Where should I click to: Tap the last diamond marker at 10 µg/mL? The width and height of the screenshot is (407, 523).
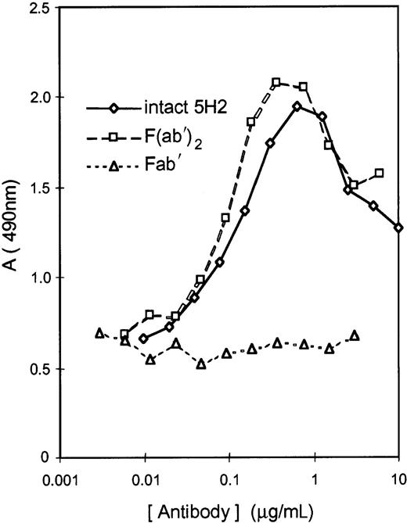[x=398, y=227]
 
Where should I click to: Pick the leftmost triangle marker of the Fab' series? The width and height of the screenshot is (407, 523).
[x=99, y=333]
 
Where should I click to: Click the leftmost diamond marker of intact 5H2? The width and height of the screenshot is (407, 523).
[x=143, y=339]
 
